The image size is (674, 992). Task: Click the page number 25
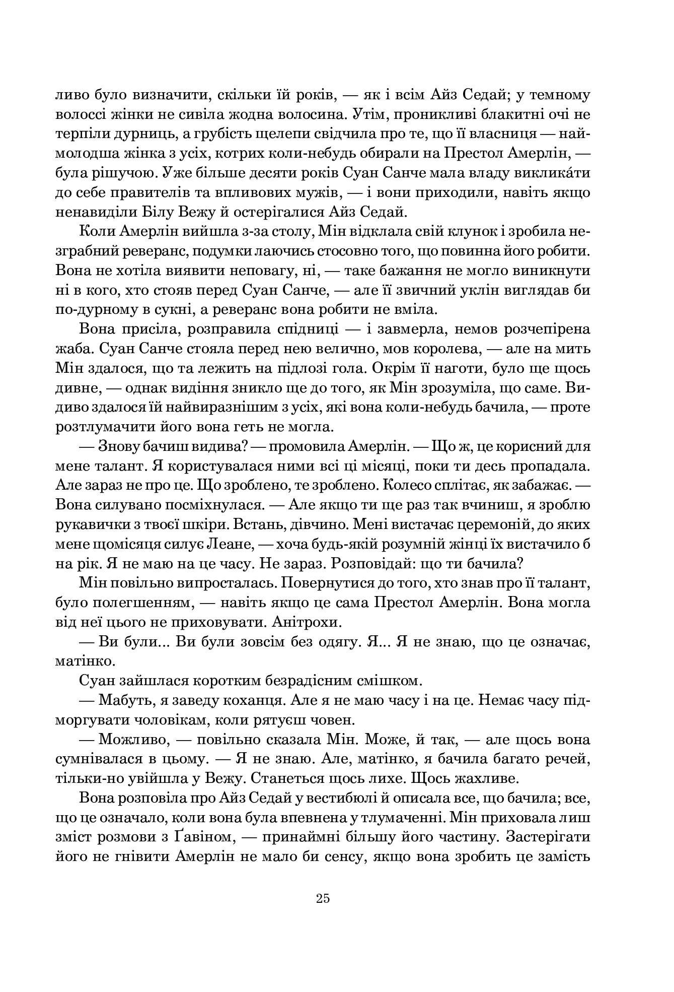coord(323,898)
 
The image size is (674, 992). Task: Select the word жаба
coord(68,349)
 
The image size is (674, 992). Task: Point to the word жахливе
coord(479,778)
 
